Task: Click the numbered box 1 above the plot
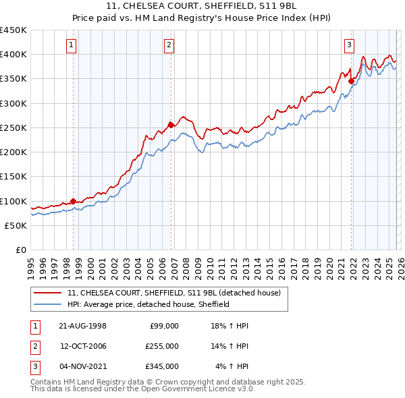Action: pos(72,45)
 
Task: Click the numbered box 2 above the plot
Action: pos(169,45)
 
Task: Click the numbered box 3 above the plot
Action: pos(349,45)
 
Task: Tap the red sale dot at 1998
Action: pos(74,200)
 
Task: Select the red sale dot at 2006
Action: pos(171,124)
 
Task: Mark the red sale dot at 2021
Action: pos(351,80)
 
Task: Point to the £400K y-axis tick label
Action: pos(13,55)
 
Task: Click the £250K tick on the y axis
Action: pos(13,127)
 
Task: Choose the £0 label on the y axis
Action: pos(20,250)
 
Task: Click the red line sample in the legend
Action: pos(47,293)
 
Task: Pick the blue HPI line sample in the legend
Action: pos(47,304)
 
